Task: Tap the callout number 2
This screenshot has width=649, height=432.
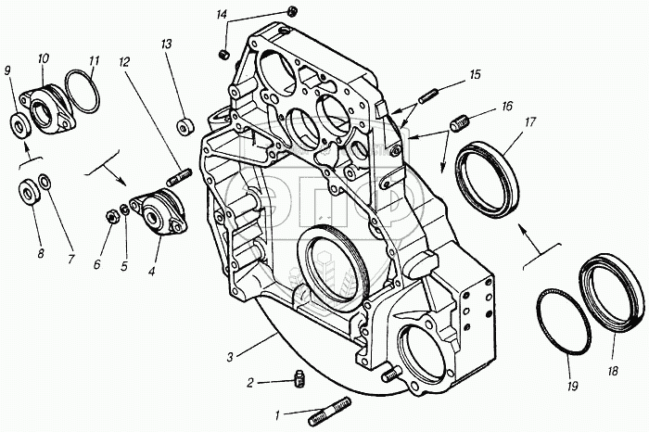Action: pos(249,381)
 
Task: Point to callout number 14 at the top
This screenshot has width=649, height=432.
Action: pos(221,15)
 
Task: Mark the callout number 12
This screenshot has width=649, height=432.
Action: pos(123,62)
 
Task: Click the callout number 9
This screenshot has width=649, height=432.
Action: pos(9,70)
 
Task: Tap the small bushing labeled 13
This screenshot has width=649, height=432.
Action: pos(185,124)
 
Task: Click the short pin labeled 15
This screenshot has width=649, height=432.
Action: pos(428,95)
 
